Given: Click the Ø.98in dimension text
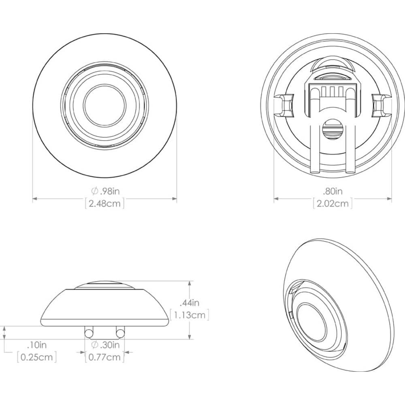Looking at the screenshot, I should (105, 191).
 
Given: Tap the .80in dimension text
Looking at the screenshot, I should (333, 191).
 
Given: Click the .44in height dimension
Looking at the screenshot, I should (190, 302).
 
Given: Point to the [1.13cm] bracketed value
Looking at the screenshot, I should (190, 314).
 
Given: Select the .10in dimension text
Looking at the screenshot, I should (37, 345).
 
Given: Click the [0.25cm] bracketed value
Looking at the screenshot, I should (37, 357).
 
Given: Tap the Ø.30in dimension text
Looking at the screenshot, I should (105, 345).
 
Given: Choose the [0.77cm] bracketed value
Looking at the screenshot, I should (105, 357).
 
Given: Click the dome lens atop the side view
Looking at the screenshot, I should (105, 285).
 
